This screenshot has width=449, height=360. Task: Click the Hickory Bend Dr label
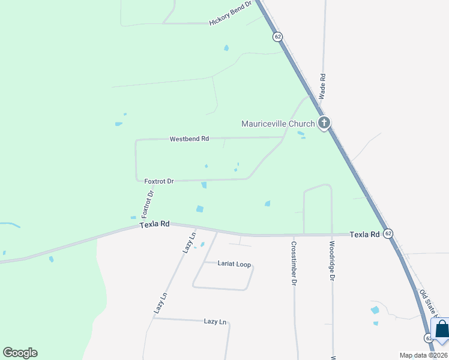tap(231, 17)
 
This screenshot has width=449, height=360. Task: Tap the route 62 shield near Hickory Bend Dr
tap(277, 37)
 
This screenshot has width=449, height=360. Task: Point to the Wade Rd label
tap(322, 86)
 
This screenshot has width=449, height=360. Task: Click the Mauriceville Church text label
tap(278, 124)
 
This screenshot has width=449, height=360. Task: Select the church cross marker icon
tap(324, 124)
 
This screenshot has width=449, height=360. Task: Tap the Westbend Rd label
tap(189, 139)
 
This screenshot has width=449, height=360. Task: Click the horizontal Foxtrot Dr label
tap(159, 181)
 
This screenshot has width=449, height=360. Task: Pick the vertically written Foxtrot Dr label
tap(148, 203)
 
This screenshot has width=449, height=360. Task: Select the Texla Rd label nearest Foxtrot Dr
tap(154, 224)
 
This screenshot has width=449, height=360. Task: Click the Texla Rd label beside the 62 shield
tap(365, 234)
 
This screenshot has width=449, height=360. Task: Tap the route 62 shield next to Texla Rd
tap(388, 233)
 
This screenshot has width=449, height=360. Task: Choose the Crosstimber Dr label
tap(294, 262)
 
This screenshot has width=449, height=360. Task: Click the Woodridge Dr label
tap(332, 261)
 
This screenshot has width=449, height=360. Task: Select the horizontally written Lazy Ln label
tap(215, 322)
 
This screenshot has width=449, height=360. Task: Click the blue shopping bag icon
tap(441, 329)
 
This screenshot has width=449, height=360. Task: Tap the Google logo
tap(20, 353)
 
